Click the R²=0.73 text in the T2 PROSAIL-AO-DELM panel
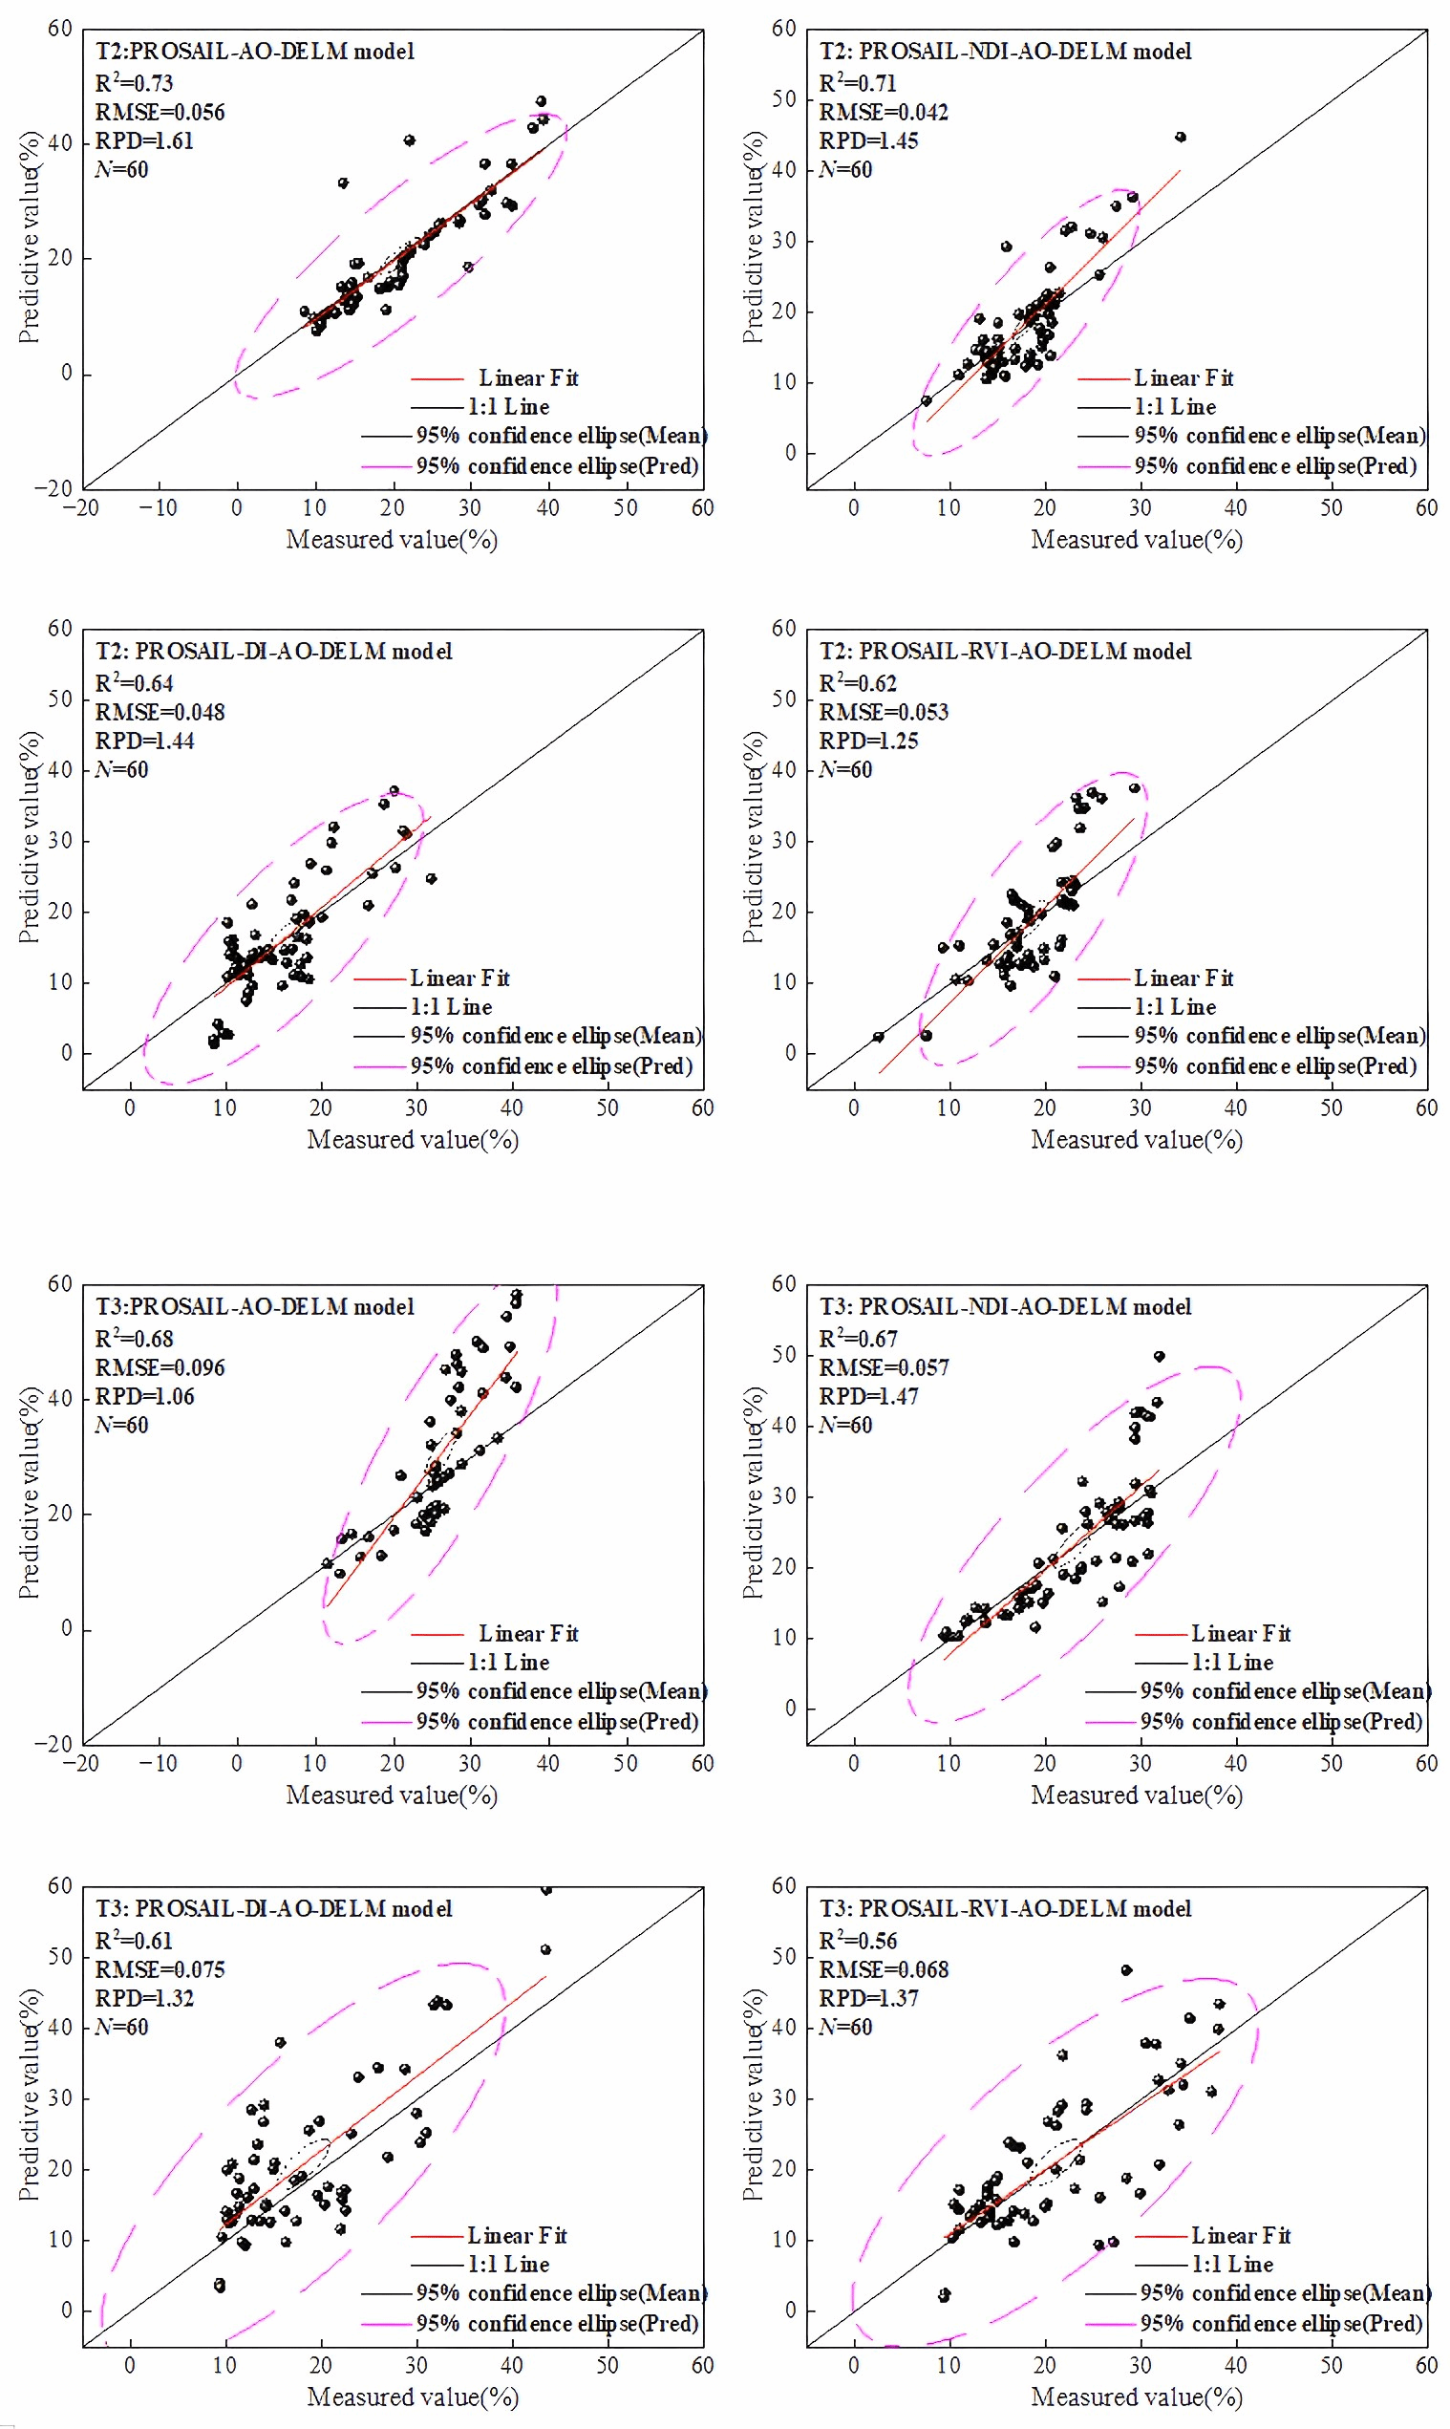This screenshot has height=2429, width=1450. [x=134, y=83]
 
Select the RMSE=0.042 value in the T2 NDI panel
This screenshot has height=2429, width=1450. [x=884, y=113]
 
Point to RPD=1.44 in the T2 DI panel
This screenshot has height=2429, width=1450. [x=144, y=741]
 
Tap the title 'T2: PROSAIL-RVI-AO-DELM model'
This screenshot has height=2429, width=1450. [x=1005, y=652]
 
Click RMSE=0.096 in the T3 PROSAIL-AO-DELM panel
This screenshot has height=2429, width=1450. [x=160, y=1367]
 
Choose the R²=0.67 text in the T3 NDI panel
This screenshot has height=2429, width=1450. [x=858, y=1339]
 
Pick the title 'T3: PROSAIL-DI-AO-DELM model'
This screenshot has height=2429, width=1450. [x=273, y=1908]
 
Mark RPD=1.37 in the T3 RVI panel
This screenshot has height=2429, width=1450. [x=868, y=1998]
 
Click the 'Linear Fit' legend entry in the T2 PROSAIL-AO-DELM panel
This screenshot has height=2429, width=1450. [x=527, y=378]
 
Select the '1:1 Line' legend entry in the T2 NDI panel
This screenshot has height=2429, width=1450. [x=1175, y=407]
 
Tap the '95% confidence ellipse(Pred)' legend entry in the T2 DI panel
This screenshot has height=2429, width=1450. [x=551, y=1066]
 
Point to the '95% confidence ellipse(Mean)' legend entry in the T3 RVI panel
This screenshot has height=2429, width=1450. [x=1285, y=2293]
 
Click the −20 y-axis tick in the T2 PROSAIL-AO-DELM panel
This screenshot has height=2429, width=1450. [x=54, y=487]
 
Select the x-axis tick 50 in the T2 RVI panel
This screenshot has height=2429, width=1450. [x=1331, y=1108]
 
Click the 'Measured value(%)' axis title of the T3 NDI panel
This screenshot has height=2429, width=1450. [x=1137, y=1795]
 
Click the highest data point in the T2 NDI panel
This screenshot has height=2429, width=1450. [x=1181, y=138]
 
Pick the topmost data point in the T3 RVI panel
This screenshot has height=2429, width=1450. [x=1126, y=1970]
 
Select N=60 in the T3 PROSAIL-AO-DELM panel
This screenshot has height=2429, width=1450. [x=122, y=1425]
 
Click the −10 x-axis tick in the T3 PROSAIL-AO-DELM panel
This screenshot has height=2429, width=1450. [x=158, y=1763]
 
